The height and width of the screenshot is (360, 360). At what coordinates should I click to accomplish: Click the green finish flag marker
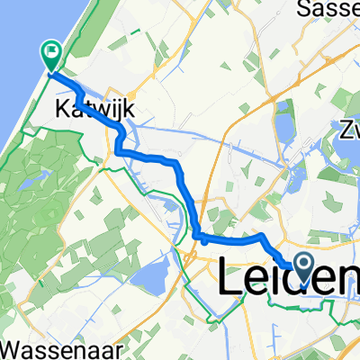pyautogui.click(x=51, y=58)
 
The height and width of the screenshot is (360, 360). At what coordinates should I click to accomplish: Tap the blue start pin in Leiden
pyautogui.click(x=301, y=267)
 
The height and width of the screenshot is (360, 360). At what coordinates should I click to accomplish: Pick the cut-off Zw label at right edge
pyautogui.click(x=348, y=130)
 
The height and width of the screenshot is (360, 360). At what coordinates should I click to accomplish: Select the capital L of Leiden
pyautogui.click(x=229, y=276)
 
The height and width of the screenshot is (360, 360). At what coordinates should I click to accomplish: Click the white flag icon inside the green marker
pyautogui.click(x=51, y=54)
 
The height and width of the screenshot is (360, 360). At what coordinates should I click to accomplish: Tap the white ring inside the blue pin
pyautogui.click(x=301, y=263)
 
